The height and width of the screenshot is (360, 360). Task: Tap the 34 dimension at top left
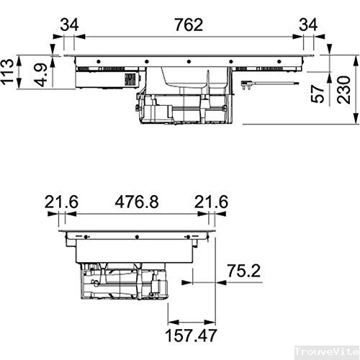pos(69,24)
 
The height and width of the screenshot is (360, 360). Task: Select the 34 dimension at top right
pos(307,24)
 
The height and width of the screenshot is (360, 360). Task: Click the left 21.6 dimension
pos(60,203)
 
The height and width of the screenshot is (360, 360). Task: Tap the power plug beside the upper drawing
pos(248,85)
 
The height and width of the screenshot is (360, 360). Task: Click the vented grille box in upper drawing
pos(131,79)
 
